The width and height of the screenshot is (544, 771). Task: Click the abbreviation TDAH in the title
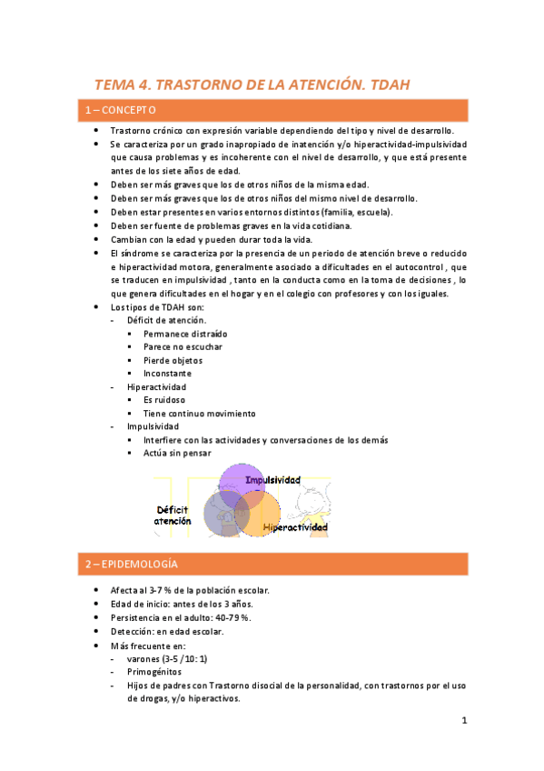coord(386,85)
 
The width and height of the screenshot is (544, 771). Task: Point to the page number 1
coord(463,721)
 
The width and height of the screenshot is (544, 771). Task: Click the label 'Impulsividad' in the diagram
coord(273,479)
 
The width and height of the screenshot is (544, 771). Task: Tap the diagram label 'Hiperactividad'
coord(295,526)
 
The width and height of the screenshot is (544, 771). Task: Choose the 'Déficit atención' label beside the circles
coord(173,516)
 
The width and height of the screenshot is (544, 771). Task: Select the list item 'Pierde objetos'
coord(174,360)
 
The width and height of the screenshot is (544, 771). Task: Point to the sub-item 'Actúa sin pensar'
coord(176,453)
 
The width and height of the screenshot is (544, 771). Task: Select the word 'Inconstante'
coord(168,373)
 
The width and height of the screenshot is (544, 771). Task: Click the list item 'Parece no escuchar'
coord(183,346)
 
